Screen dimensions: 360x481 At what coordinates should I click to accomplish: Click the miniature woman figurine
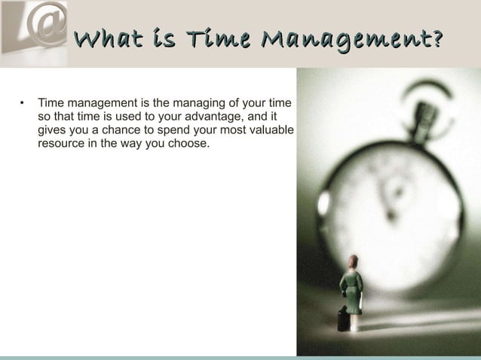coord(351,290)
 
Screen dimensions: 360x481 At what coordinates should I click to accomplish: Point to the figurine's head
coord(351,261)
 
